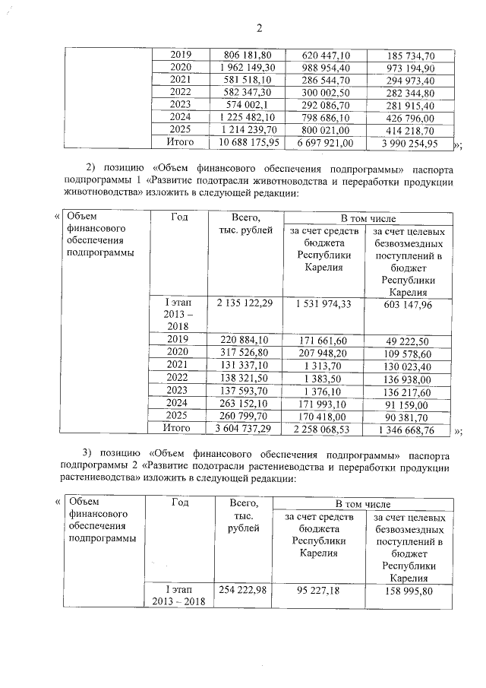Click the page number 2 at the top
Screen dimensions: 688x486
coord(258,29)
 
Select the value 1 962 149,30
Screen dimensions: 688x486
coord(248,68)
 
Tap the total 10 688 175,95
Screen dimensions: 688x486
coord(248,142)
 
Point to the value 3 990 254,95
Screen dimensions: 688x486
coord(409,142)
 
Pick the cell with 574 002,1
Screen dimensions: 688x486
coord(248,105)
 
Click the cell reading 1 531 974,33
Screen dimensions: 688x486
coord(324,304)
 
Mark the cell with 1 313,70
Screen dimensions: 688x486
coord(324,366)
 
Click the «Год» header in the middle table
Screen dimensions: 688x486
coord(180,217)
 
